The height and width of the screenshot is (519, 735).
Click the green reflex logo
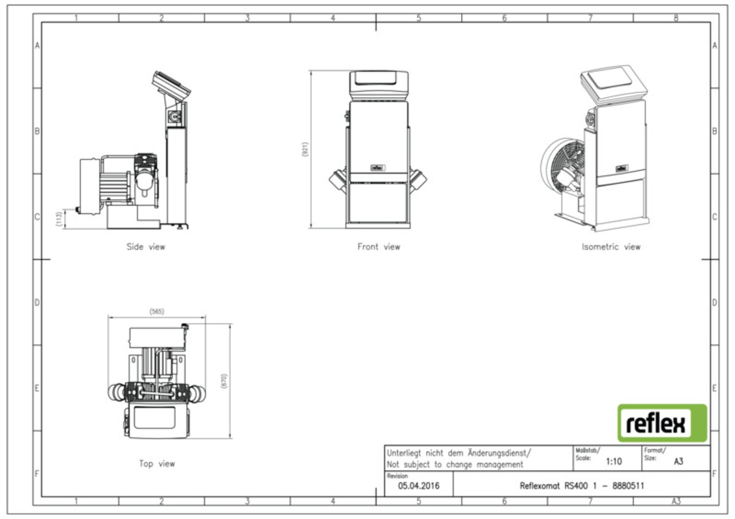tap(662, 423)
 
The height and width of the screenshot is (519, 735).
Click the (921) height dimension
tap(305, 149)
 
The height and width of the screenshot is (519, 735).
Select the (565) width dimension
tap(156, 311)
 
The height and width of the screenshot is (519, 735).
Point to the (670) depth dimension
tap(224, 381)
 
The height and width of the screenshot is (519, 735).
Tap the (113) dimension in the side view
tap(59, 219)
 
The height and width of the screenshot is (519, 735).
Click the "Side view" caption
tap(146, 247)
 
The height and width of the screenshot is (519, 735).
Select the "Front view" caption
tap(379, 247)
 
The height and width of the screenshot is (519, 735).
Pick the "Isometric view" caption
tap(611, 247)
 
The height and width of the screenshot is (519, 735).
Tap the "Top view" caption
tap(157, 464)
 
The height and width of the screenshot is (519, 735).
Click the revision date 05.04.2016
tap(418, 486)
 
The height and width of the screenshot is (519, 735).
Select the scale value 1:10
tap(613, 462)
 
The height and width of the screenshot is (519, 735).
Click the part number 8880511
tap(628, 486)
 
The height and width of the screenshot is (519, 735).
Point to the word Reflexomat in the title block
tap(540, 486)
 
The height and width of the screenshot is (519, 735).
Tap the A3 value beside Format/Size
tap(679, 462)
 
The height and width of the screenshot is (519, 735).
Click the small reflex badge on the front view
tap(378, 168)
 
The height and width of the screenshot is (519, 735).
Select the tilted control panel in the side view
tap(171, 86)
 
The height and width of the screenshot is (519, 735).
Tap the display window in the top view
tap(154, 417)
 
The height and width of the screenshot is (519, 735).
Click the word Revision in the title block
tap(397, 476)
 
